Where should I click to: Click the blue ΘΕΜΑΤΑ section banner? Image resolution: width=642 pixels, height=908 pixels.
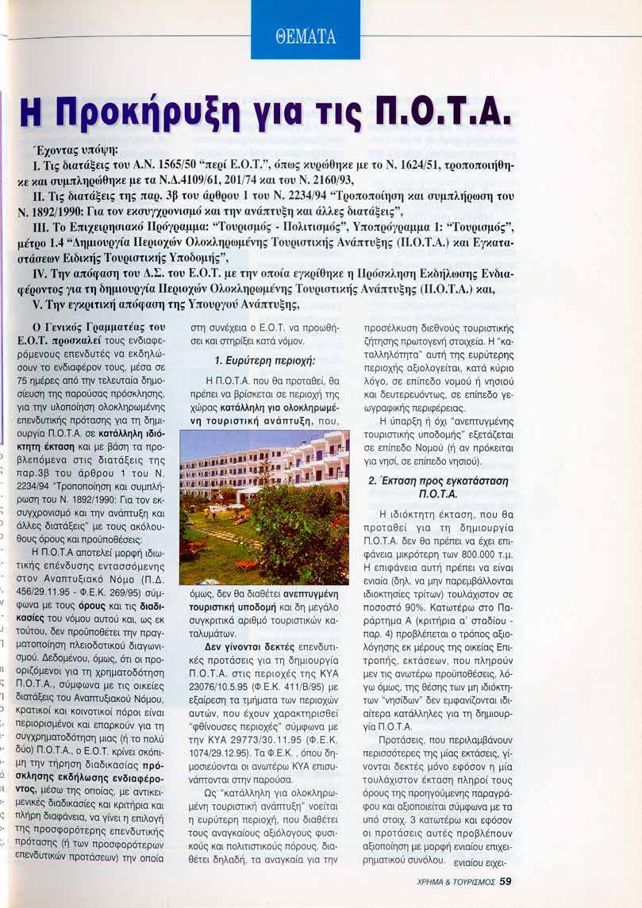tap(306, 36)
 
